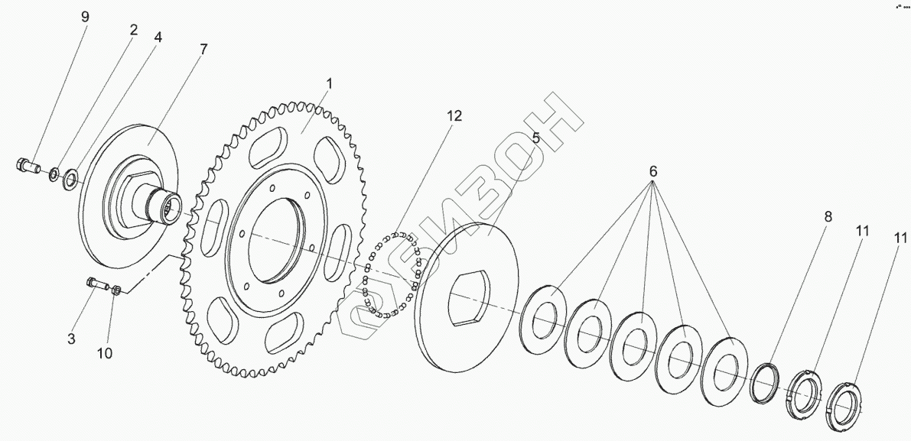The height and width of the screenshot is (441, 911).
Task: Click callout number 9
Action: coord(86,16)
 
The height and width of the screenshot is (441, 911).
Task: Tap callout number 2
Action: coord(133,31)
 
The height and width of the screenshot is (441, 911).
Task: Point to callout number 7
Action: coord(203,49)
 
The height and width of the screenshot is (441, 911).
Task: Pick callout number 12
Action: coord(454,116)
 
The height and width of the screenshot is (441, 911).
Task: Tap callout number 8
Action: coord(827,216)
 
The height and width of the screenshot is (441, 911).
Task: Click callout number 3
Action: coord(71,338)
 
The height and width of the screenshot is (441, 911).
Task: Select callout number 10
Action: coord(104,352)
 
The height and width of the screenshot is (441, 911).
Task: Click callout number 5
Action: coord(535,138)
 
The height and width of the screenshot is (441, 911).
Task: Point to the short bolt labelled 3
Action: coord(94,284)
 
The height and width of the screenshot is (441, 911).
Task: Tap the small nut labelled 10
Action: coord(116,290)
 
